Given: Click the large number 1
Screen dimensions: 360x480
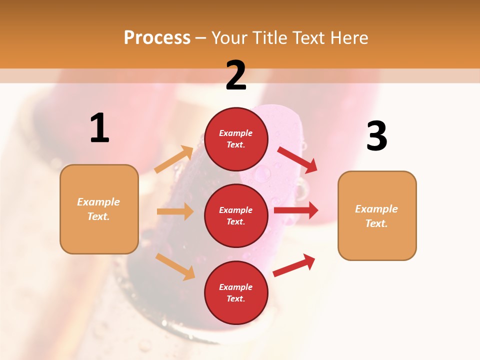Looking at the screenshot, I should (x=99, y=128).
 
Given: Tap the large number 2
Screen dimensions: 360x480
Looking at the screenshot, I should (x=236, y=75).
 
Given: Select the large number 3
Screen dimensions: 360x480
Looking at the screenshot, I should (x=376, y=136).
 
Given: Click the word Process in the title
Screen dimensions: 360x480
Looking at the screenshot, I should (x=157, y=37).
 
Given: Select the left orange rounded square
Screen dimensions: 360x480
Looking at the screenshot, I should (x=99, y=209).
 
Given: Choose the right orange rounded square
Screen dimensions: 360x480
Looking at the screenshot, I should (x=377, y=215).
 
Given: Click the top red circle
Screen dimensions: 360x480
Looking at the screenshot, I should (x=236, y=139).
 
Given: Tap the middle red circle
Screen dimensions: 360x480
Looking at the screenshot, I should (x=236, y=215).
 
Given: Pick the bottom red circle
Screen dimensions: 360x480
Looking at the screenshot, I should (x=236, y=292).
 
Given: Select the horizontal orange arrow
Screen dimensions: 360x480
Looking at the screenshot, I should (x=175, y=211).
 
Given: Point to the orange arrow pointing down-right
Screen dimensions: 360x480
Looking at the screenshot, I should (x=175, y=266).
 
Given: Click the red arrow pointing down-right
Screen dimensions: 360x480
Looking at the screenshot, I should (x=297, y=159).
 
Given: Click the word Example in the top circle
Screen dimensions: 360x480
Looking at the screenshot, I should (x=236, y=133).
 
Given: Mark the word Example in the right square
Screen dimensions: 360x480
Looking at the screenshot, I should (x=376, y=209).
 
